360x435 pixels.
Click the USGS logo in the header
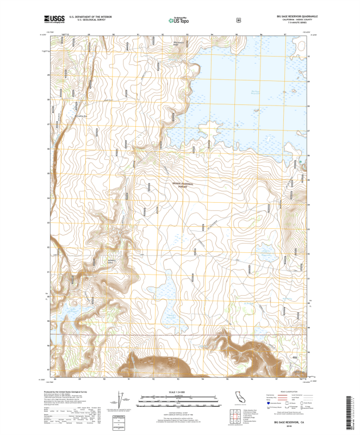(54, 20)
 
